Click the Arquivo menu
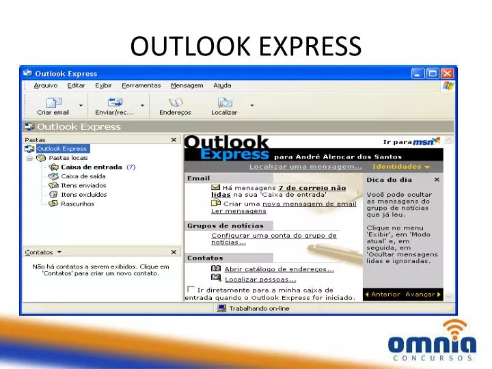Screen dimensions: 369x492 [46, 85]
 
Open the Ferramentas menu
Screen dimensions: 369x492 [141, 85]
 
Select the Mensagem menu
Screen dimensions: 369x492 [187, 85]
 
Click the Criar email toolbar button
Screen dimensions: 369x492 [53, 105]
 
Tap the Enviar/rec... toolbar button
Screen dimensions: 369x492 [115, 105]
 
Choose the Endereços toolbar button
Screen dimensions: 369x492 [175, 105]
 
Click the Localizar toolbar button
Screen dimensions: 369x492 [224, 105]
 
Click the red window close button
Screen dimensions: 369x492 [448, 73]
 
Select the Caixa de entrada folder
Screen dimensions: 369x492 [92, 167]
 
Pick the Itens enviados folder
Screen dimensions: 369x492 [83, 185]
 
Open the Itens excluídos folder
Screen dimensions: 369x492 [83, 194]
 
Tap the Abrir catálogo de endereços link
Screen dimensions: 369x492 [279, 269]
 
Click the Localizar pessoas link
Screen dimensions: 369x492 [260, 279]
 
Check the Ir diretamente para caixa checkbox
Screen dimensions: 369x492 [191, 289]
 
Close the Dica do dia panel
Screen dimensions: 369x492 [437, 180]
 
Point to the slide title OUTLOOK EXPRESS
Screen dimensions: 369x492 [245, 46]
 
